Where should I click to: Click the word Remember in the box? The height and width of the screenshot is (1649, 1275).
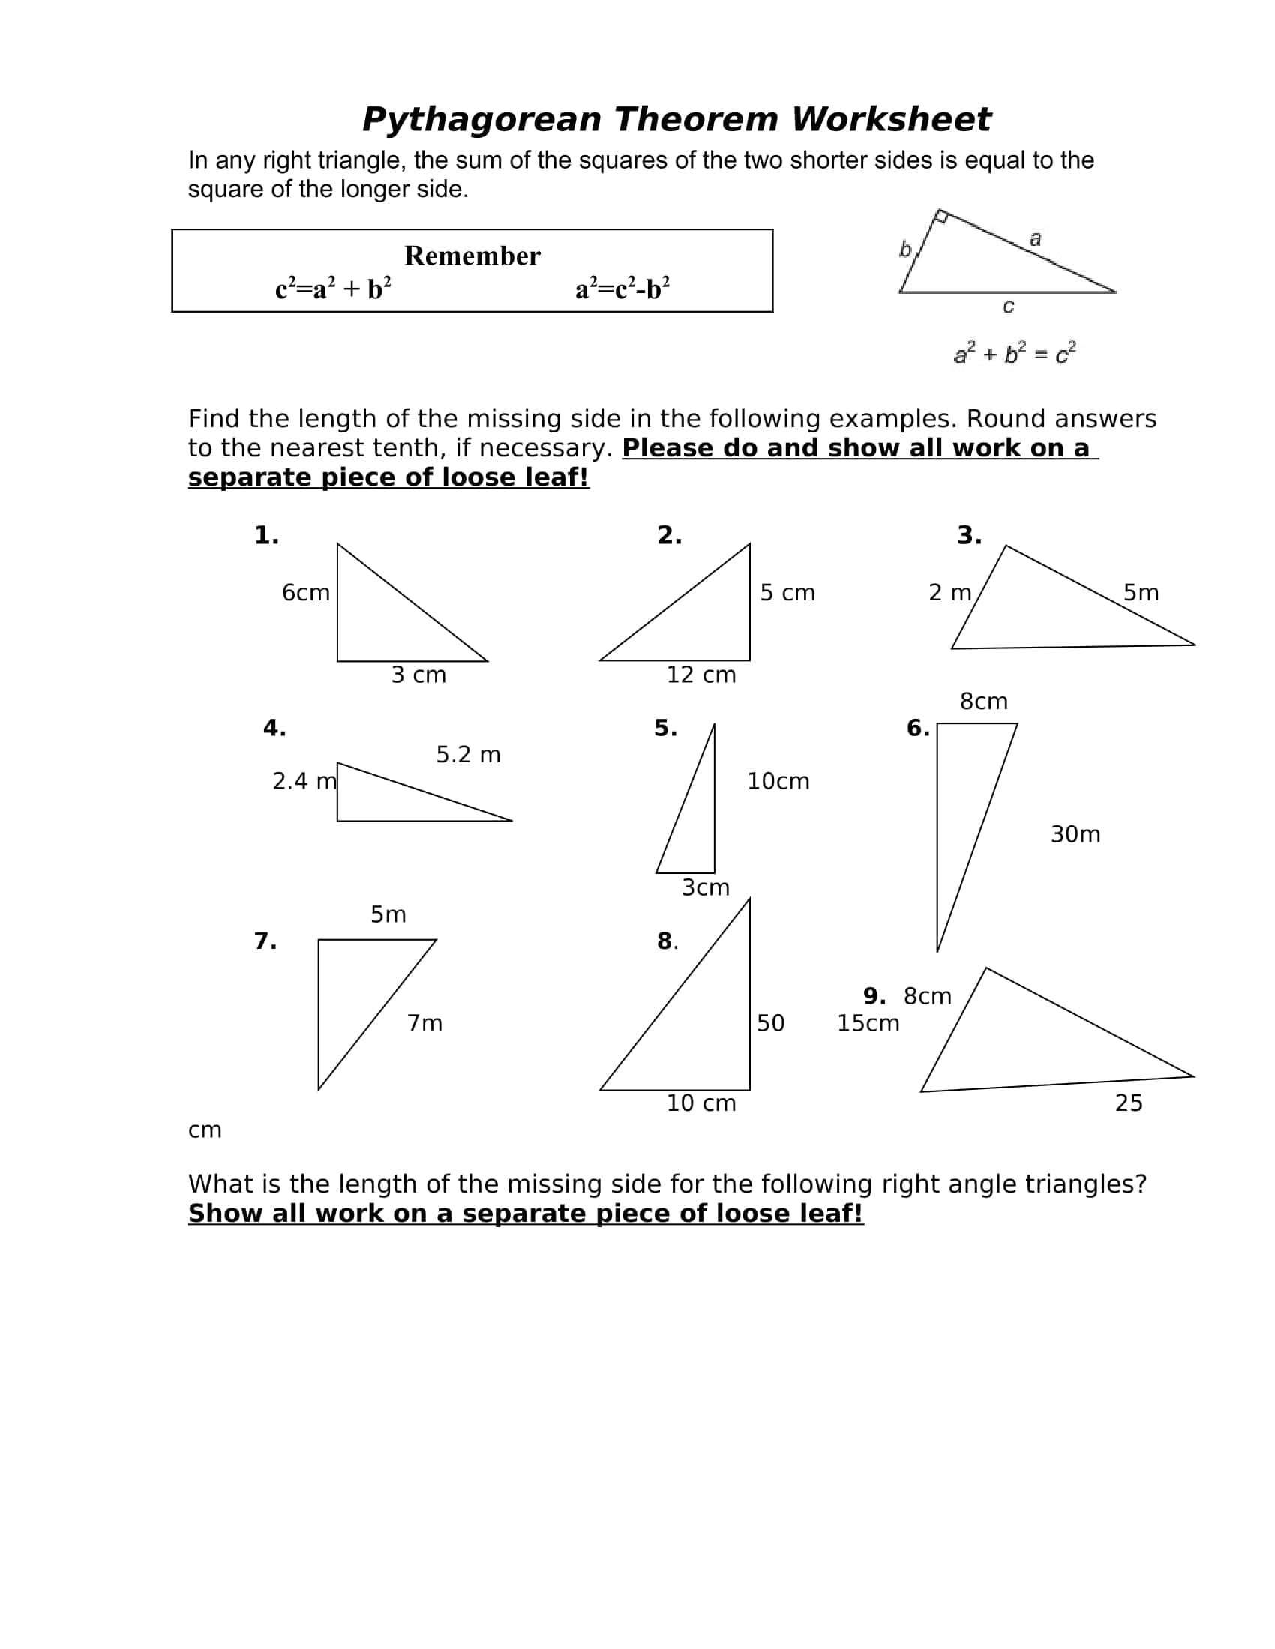(472, 256)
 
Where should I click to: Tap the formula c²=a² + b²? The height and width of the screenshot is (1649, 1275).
(333, 289)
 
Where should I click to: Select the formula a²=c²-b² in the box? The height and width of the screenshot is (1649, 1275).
(622, 289)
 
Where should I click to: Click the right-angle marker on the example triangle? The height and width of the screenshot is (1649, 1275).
(941, 217)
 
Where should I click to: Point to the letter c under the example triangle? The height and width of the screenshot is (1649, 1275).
(1007, 306)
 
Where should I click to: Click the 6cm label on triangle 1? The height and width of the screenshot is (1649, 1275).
(306, 593)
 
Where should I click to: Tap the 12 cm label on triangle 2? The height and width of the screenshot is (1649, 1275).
(701, 675)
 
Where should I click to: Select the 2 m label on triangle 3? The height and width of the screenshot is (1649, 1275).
(950, 593)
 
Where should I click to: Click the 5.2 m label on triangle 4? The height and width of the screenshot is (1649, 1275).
(468, 754)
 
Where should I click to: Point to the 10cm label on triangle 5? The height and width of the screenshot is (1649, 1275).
(778, 781)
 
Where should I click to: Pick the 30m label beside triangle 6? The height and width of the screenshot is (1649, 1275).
(1075, 834)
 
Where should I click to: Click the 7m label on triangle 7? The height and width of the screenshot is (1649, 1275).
(424, 1023)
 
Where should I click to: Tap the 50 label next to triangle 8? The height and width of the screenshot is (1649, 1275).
(770, 1023)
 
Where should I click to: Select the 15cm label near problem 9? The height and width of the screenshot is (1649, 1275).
(868, 1023)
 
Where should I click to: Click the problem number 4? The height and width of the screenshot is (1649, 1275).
(274, 728)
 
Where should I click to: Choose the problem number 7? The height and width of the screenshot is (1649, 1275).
(265, 941)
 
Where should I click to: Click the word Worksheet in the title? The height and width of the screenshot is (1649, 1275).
(890, 119)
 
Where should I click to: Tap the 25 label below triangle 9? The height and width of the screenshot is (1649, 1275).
(1129, 1103)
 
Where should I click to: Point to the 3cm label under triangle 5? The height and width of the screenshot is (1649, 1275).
(706, 887)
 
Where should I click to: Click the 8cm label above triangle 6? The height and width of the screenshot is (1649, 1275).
(983, 702)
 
